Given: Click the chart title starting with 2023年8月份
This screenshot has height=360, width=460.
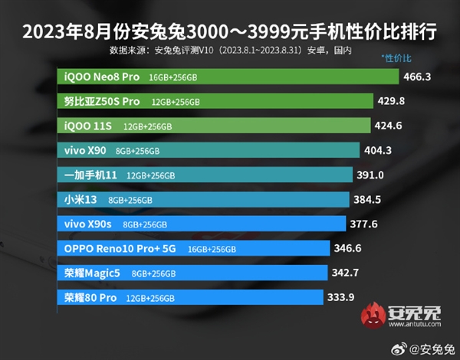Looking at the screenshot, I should [x=229, y=31].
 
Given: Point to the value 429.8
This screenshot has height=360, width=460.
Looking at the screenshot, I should [x=392, y=101].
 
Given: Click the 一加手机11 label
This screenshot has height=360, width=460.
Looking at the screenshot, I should [x=90, y=175].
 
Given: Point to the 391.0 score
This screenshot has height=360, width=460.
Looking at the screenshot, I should [x=371, y=175].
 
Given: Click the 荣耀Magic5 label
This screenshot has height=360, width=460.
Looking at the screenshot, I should [x=91, y=273].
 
